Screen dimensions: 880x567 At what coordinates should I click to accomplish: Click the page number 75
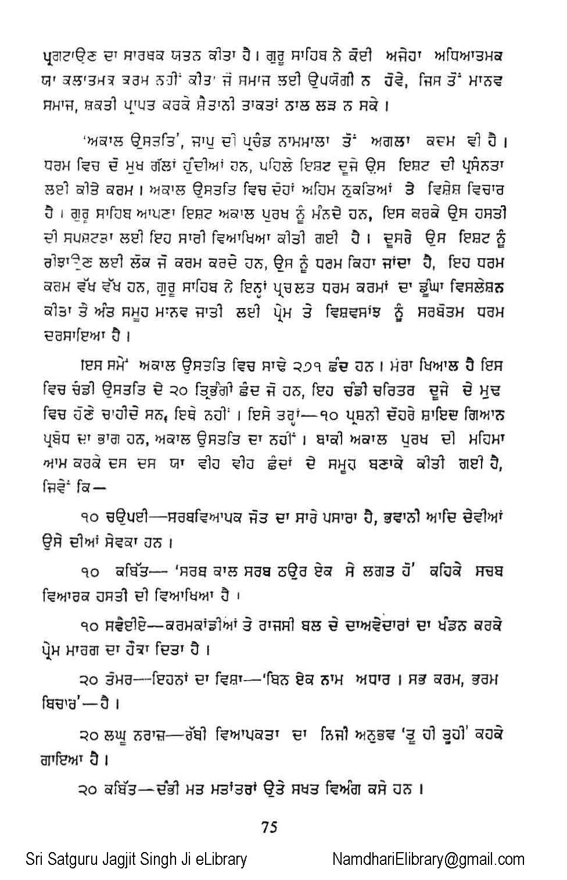click(x=270, y=827)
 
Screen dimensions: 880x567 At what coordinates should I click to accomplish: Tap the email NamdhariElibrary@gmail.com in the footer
click(x=428, y=860)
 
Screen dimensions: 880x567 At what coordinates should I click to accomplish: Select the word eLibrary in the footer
click(x=219, y=860)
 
